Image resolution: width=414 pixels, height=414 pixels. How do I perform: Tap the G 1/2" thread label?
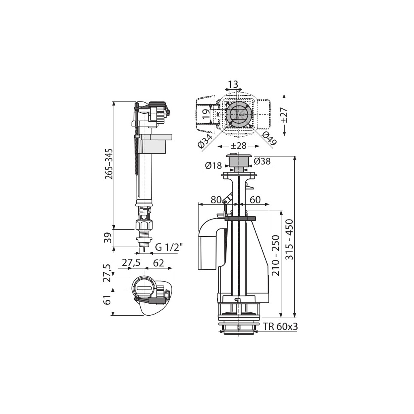tap(169, 247)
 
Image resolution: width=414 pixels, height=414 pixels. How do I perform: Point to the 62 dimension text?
tap(158, 263)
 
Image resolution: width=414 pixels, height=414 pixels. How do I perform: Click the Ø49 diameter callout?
tap(269, 139)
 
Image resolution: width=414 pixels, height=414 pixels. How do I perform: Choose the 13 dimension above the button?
tap(232, 84)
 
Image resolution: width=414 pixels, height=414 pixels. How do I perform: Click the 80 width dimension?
tap(216, 200)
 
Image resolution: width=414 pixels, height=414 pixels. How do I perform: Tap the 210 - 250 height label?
tap(275, 255)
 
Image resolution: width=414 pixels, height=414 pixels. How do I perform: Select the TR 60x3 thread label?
tap(280, 327)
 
